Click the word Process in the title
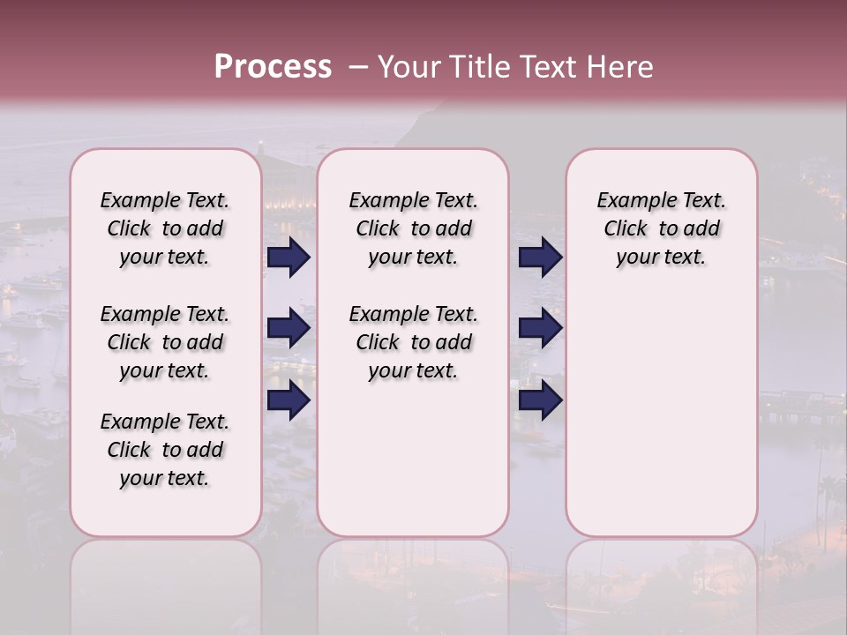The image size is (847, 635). [x=273, y=67]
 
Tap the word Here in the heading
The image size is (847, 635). [x=621, y=67]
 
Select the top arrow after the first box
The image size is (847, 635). [x=289, y=258]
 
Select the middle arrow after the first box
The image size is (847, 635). [x=289, y=329]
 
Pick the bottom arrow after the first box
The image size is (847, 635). [x=289, y=400]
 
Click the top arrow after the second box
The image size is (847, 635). [x=540, y=258]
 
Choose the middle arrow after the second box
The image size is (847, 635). [x=540, y=329]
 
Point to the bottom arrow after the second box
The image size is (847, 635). [x=540, y=400]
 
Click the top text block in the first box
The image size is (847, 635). [x=165, y=228]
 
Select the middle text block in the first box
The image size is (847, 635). [x=165, y=342]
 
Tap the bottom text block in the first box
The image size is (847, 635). [x=165, y=450]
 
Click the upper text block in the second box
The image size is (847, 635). [x=413, y=228]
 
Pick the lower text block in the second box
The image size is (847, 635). [x=413, y=342]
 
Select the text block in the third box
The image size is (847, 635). [x=662, y=228]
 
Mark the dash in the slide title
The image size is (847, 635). [x=357, y=67]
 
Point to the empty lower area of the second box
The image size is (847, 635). [x=413, y=459]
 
